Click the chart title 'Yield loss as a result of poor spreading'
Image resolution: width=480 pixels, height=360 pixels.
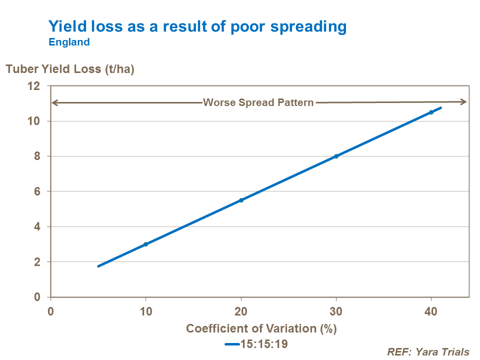click(197, 26)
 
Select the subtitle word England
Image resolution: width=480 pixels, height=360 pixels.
click(69, 42)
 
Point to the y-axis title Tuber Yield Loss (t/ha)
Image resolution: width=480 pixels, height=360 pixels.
click(70, 69)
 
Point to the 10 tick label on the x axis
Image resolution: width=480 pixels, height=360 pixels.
click(145, 311)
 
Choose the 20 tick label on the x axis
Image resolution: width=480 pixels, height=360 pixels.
click(241, 311)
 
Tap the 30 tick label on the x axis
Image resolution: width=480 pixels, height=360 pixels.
click(336, 311)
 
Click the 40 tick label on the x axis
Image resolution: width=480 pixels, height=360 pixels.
click(431, 311)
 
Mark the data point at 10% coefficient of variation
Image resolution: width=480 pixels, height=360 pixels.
click(145, 244)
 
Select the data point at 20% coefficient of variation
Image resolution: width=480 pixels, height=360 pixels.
click(241, 200)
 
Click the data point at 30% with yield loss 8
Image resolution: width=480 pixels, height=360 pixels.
click(336, 156)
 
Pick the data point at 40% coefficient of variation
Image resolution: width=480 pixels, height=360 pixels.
click(431, 112)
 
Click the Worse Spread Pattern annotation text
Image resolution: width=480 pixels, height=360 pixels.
click(258, 102)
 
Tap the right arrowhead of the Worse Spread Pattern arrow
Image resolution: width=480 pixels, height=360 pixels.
click(463, 102)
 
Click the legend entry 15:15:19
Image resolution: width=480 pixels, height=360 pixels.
click(256, 344)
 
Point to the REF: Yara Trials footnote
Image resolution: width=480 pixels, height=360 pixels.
click(428, 352)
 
